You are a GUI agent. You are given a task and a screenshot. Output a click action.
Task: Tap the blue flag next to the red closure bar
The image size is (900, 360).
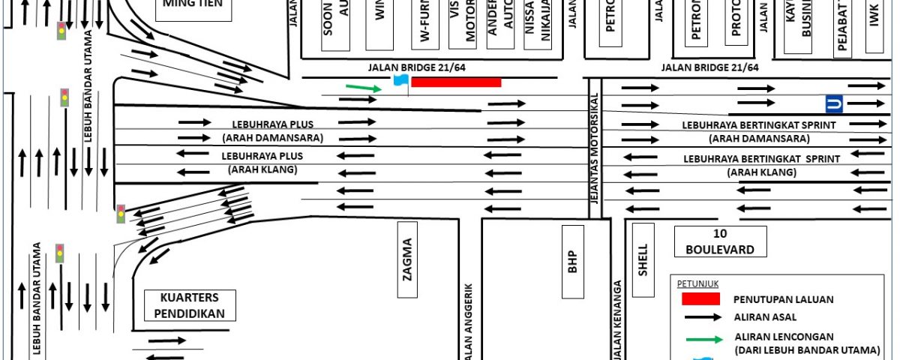(x=400, y=82)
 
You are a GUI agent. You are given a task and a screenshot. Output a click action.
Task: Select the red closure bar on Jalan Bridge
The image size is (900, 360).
(x=456, y=82)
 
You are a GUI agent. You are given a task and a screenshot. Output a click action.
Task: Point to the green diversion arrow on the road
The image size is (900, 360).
(x=364, y=87)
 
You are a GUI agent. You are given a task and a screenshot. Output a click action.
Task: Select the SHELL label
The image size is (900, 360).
(x=643, y=259)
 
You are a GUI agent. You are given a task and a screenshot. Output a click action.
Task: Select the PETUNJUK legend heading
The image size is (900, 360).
(x=694, y=283)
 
